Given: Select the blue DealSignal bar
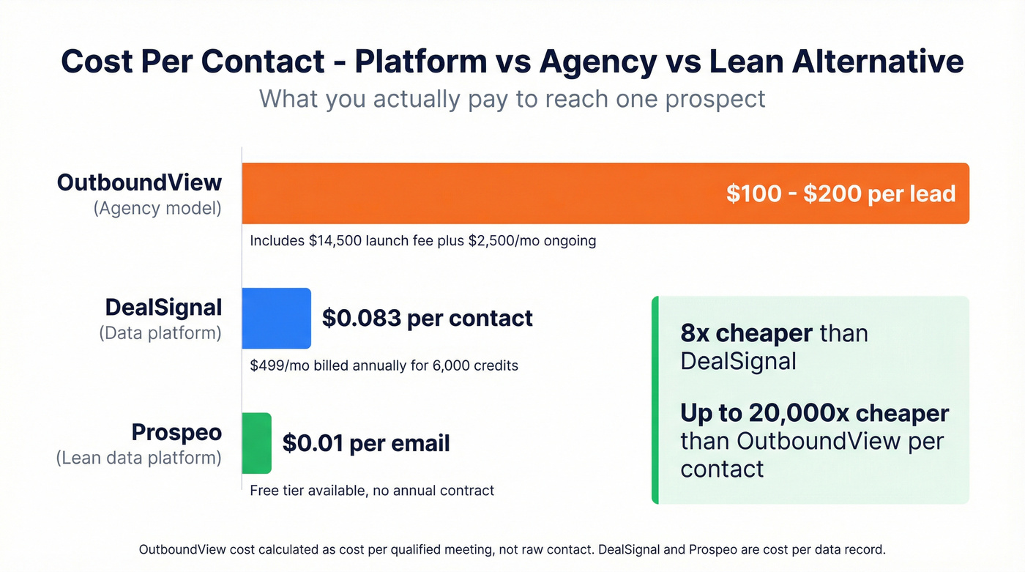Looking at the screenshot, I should pos(276,318).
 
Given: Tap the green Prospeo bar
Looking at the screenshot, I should pos(256,443).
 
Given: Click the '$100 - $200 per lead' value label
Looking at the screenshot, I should pos(840,193).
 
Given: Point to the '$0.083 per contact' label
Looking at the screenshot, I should pos(428,318).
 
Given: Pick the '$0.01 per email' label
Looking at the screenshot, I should pos(366,443).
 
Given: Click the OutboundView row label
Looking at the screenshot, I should pos(139,182).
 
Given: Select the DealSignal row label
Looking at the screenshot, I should pos(163,307).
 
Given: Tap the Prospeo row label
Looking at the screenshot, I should pos(176,432).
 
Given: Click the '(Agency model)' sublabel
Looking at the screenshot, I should pos(157,208).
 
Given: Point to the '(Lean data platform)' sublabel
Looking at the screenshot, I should pos(139,458).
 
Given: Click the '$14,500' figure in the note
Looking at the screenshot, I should pos(335,240).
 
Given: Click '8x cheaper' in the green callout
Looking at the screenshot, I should pos(746,333).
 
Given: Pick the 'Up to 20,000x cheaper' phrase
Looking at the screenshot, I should pos(814,413).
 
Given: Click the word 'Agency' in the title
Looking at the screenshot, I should pos(597,62).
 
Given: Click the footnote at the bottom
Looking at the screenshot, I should pos(512,549).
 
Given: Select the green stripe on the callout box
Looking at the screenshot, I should pos(655,400).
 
